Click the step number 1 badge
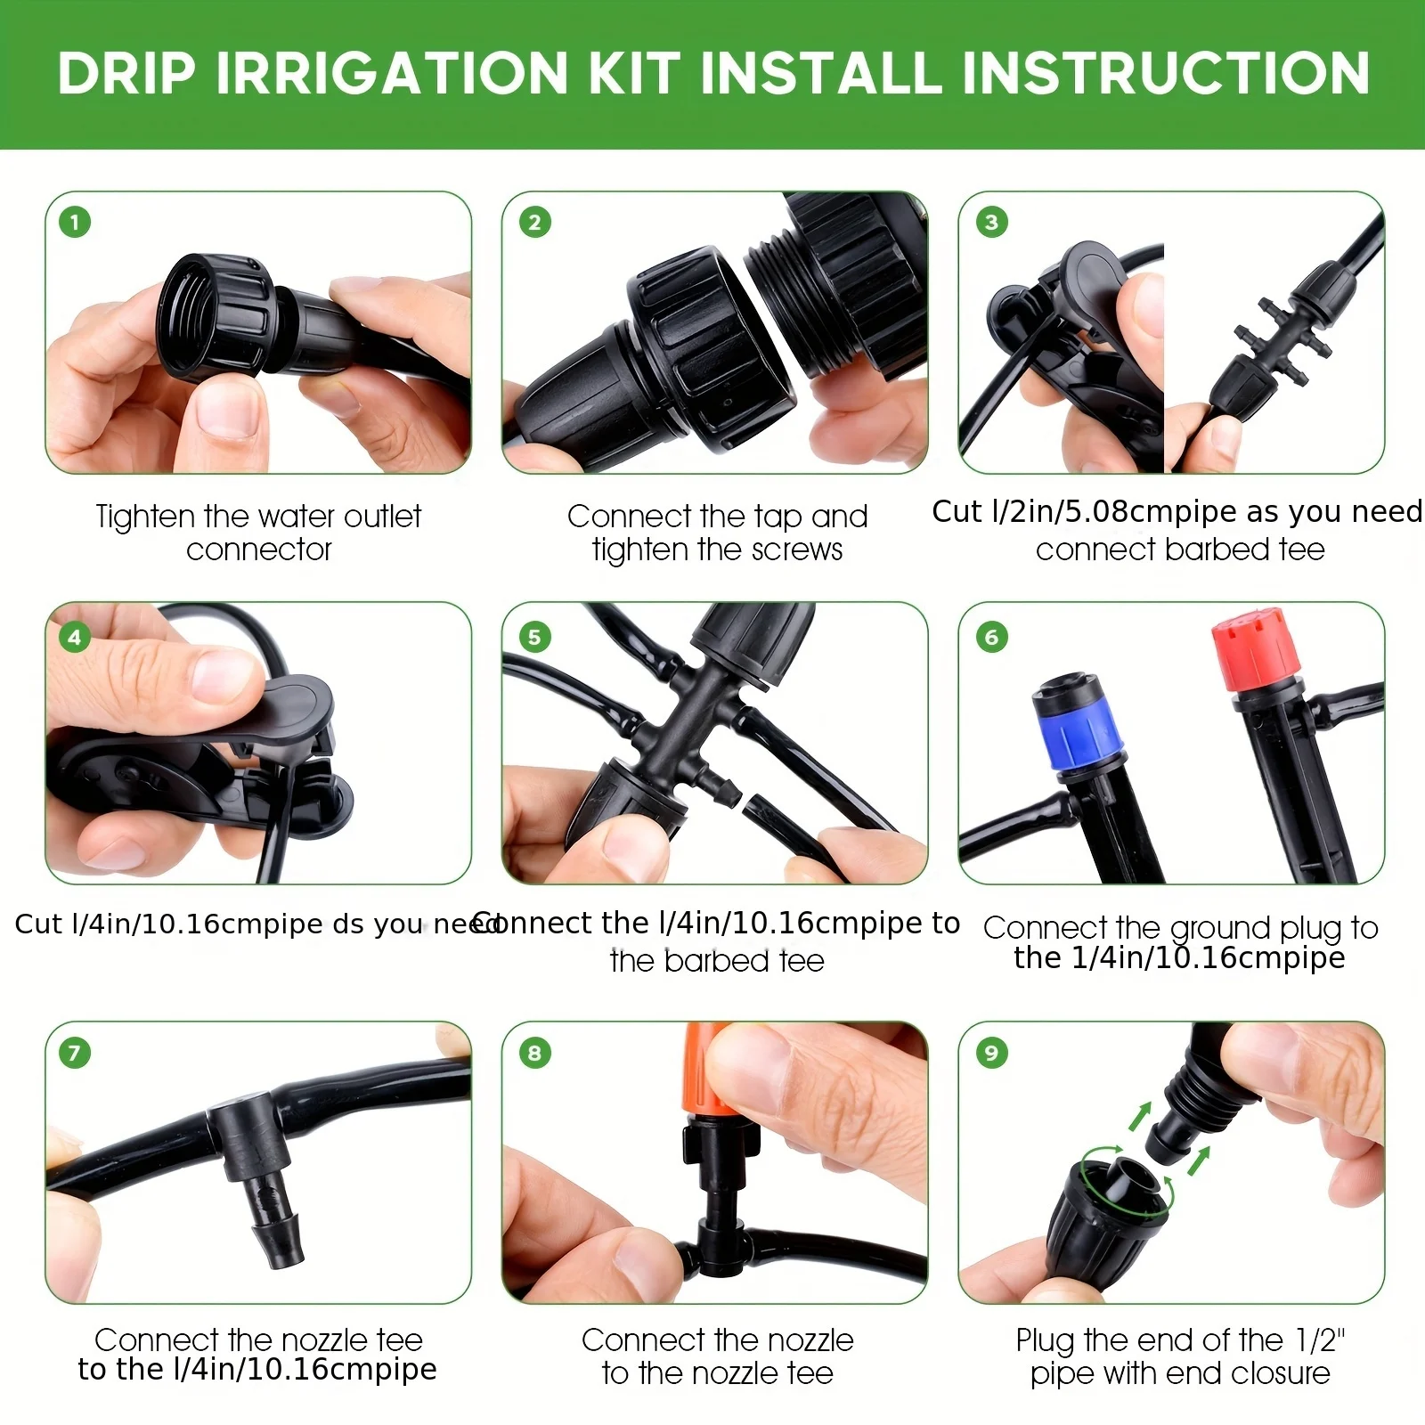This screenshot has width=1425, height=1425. [x=75, y=222]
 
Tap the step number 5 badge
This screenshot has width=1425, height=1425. [x=534, y=637]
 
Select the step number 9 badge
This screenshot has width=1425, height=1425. [x=991, y=1053]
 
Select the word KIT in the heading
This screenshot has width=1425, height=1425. [x=634, y=73]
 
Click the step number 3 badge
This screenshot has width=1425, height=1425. [x=991, y=222]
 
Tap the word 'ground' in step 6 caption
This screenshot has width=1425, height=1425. [x=1220, y=928]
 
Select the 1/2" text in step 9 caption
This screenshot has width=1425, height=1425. [x=1320, y=1339]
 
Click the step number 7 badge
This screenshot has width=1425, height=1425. [x=75, y=1053]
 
